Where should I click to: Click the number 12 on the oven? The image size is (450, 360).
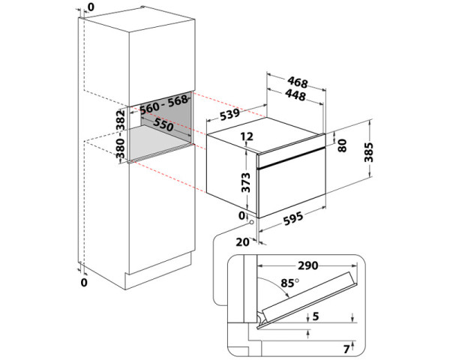247,137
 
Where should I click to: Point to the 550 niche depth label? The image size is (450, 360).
159,127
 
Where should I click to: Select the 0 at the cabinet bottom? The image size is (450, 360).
84,283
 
